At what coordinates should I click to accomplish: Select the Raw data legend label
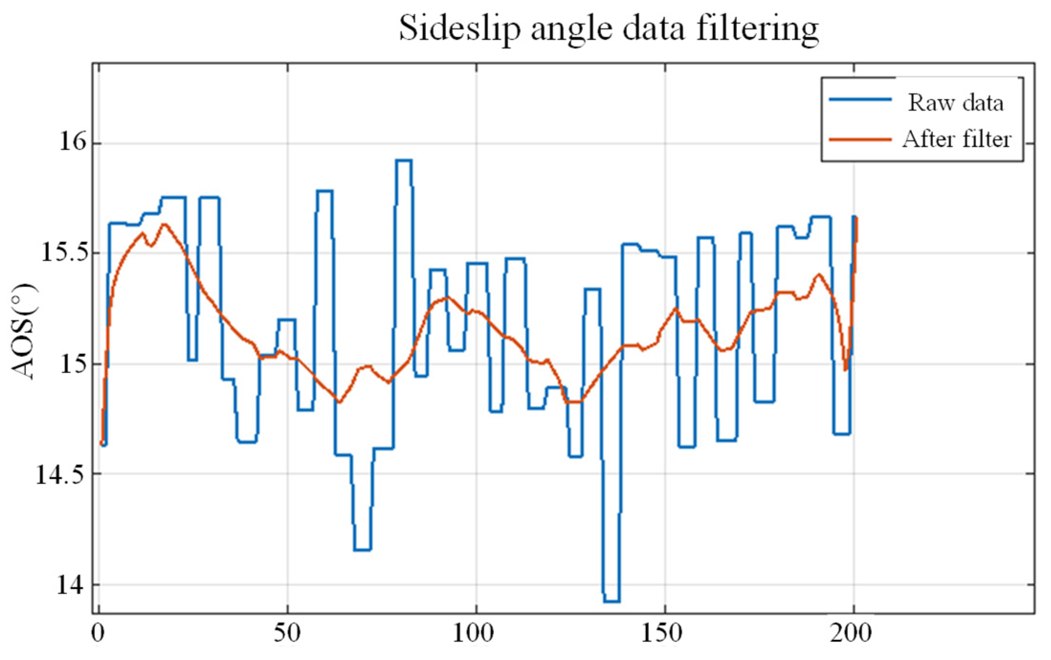955,102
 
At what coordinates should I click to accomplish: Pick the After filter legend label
957,140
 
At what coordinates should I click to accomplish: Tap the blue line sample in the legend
860,99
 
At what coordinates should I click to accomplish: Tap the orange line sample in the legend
860,140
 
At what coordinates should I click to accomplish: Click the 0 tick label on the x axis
98,634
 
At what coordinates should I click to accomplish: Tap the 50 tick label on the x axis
287,634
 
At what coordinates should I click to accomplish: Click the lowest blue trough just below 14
611,601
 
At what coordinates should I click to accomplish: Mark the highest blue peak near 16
403,161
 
